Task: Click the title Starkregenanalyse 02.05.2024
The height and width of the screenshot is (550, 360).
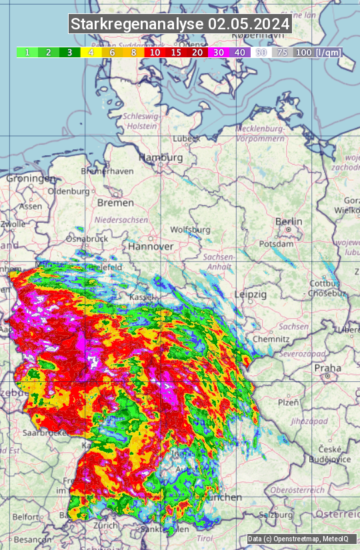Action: [x=180, y=25]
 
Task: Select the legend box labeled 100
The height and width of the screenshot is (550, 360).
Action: [x=303, y=52]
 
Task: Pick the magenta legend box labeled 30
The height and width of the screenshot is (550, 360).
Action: [x=219, y=52]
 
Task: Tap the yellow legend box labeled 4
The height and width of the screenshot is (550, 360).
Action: [x=90, y=52]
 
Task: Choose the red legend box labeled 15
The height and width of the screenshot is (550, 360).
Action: [x=176, y=52]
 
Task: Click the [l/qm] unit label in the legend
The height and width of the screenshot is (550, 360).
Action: [x=328, y=52]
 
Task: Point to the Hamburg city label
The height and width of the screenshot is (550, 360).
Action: [x=160, y=157]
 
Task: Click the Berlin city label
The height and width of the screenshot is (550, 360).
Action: [x=289, y=221]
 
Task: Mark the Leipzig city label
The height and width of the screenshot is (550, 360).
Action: [x=251, y=294]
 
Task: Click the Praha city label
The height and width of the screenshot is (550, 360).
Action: [x=327, y=367]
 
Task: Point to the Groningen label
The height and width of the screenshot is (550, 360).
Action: [x=31, y=179]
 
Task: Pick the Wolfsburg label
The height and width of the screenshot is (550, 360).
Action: [x=190, y=229]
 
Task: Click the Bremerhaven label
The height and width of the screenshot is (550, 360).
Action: [x=107, y=171]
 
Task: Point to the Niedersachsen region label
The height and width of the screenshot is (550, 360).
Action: [x=121, y=219]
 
